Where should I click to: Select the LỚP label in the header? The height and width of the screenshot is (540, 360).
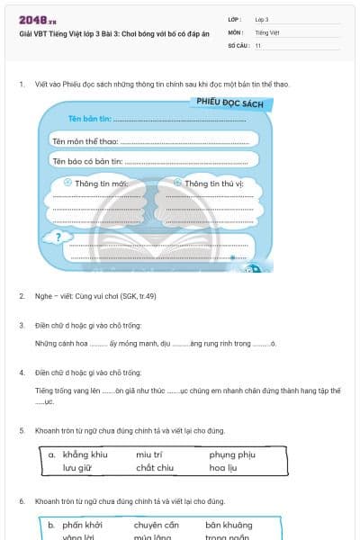[x=235, y=19]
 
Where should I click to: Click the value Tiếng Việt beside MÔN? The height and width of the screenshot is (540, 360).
[x=266, y=31]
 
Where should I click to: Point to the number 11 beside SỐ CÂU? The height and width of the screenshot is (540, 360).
[x=258, y=44]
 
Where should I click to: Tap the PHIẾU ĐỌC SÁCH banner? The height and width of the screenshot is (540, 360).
[x=231, y=103]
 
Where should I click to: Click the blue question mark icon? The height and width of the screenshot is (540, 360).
[x=58, y=238]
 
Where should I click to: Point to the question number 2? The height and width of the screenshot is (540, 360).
[x=22, y=295]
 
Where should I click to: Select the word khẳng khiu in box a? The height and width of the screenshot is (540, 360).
[x=85, y=454]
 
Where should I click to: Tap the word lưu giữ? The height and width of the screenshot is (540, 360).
[x=77, y=468]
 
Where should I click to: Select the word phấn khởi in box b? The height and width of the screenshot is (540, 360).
[x=83, y=524]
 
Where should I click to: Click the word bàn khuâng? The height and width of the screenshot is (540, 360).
[x=229, y=524]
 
